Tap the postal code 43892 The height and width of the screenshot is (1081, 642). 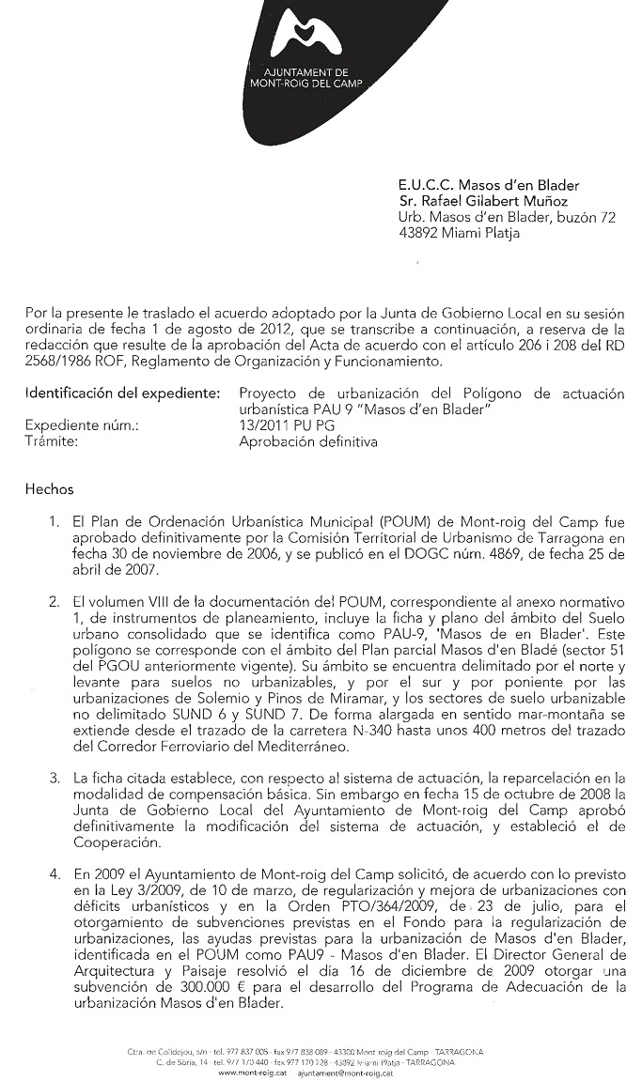pyautogui.click(x=418, y=234)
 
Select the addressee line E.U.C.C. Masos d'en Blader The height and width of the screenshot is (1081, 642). pyautogui.click(x=489, y=186)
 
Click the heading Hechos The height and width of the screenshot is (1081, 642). pyautogui.click(x=49, y=489)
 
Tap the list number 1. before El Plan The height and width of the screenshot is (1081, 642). pyautogui.click(x=55, y=521)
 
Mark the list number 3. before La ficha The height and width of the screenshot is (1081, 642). pyautogui.click(x=55, y=778)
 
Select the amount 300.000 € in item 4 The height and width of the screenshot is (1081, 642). pyautogui.click(x=210, y=987)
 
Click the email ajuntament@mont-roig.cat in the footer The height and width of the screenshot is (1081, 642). pyautogui.click(x=344, y=1072)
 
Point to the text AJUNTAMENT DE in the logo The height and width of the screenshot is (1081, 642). pyautogui.click(x=306, y=71)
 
